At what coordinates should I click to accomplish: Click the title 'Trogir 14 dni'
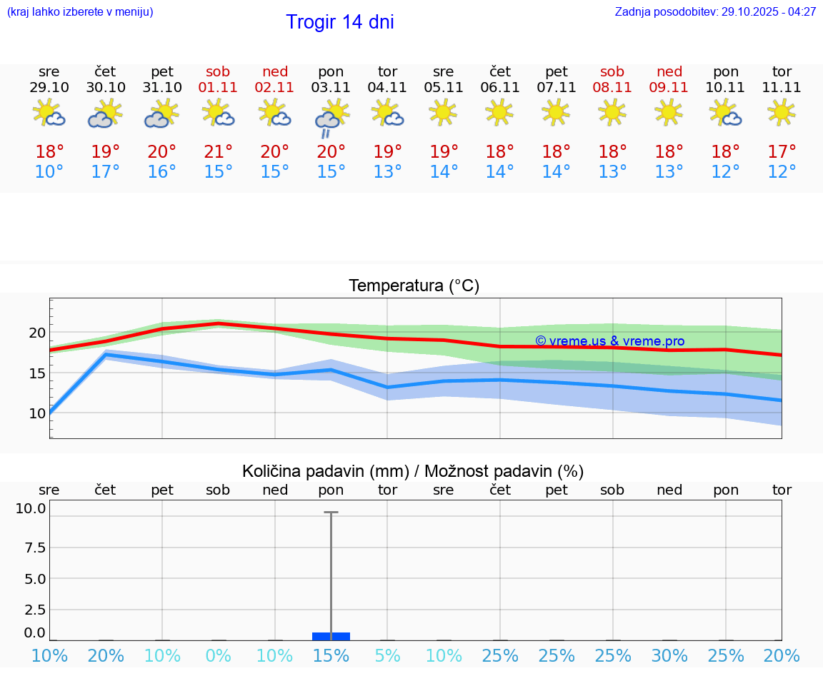click(x=339, y=22)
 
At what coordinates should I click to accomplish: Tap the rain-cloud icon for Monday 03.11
click(x=331, y=116)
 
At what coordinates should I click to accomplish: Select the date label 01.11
click(x=219, y=87)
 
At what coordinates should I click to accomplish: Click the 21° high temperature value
click(x=219, y=152)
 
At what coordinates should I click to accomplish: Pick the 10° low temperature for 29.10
click(x=49, y=172)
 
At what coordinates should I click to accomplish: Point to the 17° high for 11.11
click(x=782, y=152)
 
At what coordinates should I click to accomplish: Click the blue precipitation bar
click(x=331, y=636)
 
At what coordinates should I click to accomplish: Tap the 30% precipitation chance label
click(x=669, y=655)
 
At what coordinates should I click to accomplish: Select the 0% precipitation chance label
click(x=219, y=655)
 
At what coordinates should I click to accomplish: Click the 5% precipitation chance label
click(x=387, y=655)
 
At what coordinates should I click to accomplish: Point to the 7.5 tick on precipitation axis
click(x=35, y=548)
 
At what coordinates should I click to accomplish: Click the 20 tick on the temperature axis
click(x=37, y=333)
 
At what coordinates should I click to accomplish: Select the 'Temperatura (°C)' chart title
click(x=414, y=286)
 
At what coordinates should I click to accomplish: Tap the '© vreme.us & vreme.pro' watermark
click(x=609, y=341)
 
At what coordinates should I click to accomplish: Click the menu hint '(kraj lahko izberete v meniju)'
click(x=80, y=12)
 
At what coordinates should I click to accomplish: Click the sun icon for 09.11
click(x=669, y=111)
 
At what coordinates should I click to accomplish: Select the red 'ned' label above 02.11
click(x=275, y=71)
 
